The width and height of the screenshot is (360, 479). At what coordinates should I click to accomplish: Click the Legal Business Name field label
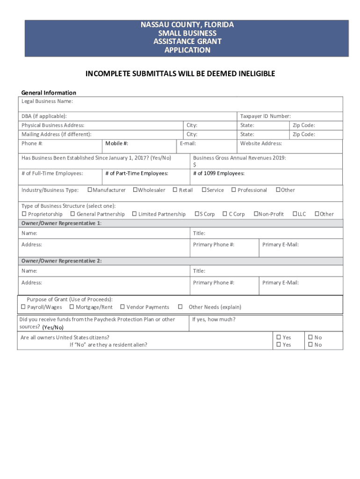(47, 102)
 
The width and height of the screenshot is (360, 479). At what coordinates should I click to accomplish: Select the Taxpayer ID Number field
(290, 116)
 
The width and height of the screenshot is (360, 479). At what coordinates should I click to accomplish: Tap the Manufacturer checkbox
(90, 190)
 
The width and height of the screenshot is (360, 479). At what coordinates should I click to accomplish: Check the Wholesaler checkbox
(135, 190)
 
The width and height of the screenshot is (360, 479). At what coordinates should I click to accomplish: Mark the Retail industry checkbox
(175, 190)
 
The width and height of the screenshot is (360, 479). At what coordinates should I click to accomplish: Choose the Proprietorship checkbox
(23, 214)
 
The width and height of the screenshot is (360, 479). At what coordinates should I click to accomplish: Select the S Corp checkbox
(197, 214)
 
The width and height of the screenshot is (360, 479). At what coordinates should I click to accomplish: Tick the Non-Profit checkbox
(255, 214)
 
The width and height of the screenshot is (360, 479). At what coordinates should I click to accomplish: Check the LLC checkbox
(295, 214)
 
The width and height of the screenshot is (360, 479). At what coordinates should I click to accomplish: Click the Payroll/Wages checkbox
(23, 307)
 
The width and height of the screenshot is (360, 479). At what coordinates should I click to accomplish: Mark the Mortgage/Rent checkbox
(72, 307)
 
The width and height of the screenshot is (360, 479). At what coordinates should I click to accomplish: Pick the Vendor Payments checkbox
(122, 307)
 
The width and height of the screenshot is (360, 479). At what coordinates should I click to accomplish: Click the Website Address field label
(261, 144)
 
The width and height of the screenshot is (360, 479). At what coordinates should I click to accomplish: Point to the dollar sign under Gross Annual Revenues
(194, 165)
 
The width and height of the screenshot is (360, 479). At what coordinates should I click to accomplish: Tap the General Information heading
(49, 93)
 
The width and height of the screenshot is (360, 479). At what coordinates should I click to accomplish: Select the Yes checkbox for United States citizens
(279, 337)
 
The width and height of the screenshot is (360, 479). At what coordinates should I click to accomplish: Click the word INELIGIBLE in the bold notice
(250, 74)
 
